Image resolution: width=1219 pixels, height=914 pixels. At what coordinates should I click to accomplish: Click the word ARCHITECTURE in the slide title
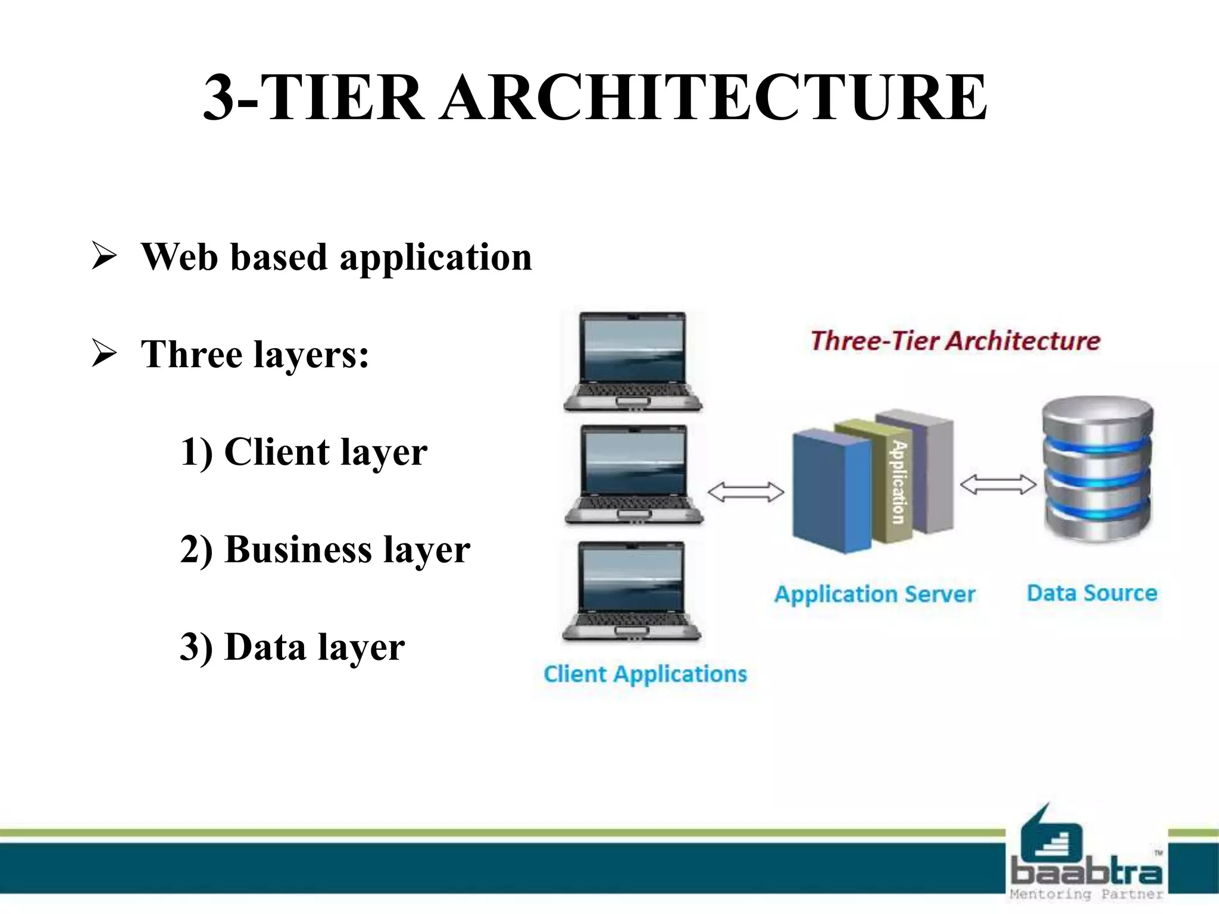point(714,97)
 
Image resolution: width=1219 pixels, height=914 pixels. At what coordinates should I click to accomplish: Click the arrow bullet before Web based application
point(104,257)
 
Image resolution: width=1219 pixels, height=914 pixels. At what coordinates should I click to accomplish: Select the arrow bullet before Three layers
point(104,354)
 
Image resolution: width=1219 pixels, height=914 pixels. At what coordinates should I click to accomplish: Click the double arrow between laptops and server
point(745,492)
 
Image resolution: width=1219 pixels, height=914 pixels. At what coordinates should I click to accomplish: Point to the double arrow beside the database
point(998,484)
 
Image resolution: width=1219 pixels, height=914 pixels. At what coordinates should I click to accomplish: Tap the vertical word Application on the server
point(898,482)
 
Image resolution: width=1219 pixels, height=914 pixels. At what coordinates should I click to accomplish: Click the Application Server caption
point(874,594)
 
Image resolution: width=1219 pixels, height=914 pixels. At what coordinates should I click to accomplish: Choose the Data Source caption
point(1092,593)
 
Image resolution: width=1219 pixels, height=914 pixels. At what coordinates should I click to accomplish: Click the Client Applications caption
point(645,674)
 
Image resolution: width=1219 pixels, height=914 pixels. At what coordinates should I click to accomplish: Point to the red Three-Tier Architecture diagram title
point(955,341)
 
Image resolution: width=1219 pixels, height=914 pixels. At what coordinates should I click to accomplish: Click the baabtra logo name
point(1086,872)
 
